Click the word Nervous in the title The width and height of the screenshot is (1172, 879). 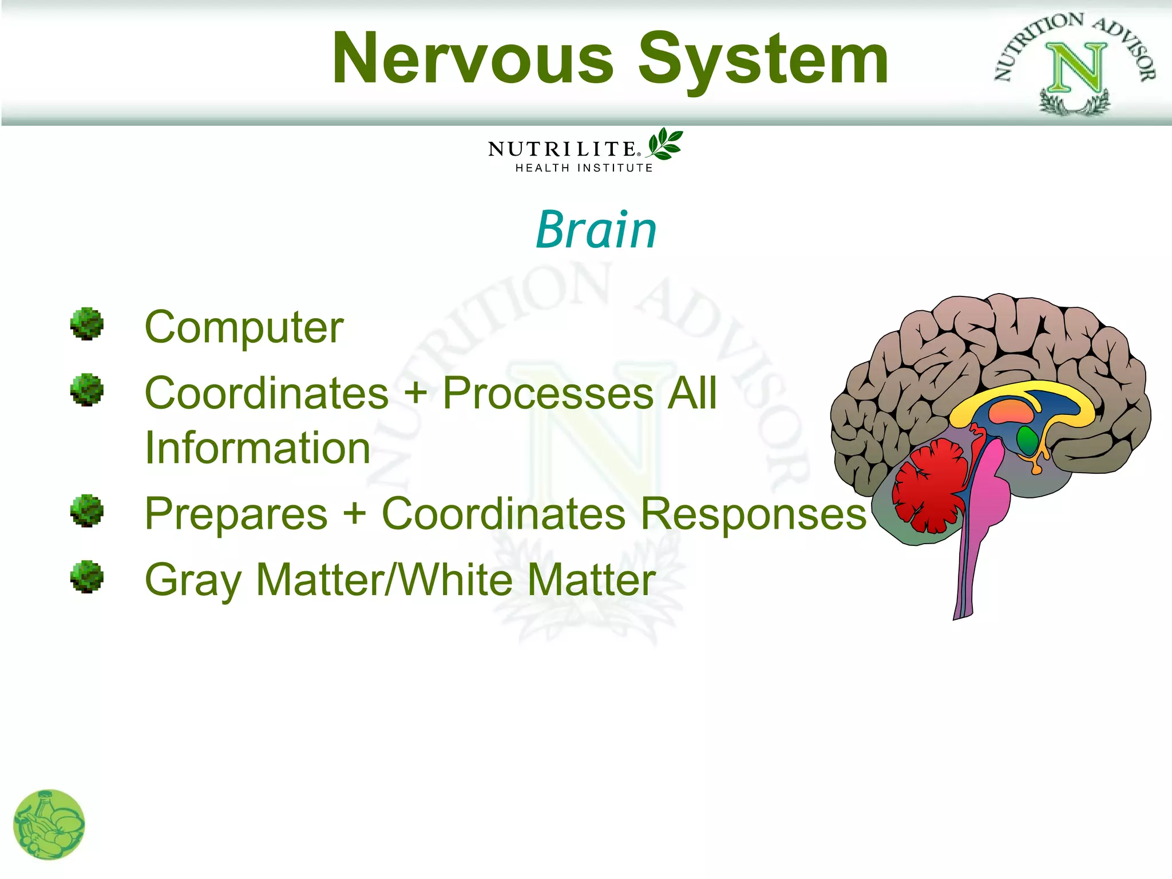tap(473, 60)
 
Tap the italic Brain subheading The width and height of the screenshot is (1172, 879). tap(596, 230)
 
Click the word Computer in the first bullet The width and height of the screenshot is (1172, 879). tap(244, 328)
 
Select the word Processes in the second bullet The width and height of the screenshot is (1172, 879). tap(548, 394)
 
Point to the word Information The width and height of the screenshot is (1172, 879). tap(258, 448)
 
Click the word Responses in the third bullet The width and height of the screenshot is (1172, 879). tap(753, 514)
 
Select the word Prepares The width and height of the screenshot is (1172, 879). tap(236, 514)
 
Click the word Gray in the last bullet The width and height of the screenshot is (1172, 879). tap(193, 581)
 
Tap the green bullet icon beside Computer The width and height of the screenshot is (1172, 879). tap(87, 324)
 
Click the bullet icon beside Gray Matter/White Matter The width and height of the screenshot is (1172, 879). tap(87, 576)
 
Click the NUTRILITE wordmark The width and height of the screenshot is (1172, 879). tap(563, 149)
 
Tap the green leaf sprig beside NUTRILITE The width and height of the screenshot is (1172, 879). tap(665, 144)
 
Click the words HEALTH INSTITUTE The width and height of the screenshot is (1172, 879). tap(584, 168)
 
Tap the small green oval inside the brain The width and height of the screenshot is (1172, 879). tap(1027, 439)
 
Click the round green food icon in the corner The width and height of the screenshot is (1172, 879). tap(49, 825)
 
